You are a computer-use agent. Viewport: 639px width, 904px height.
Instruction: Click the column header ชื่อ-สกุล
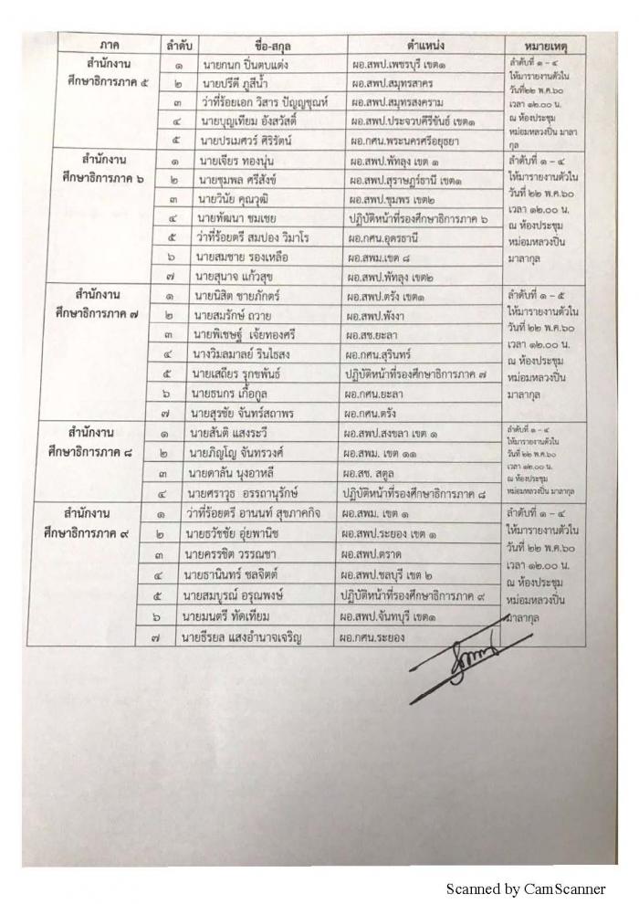261,44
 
